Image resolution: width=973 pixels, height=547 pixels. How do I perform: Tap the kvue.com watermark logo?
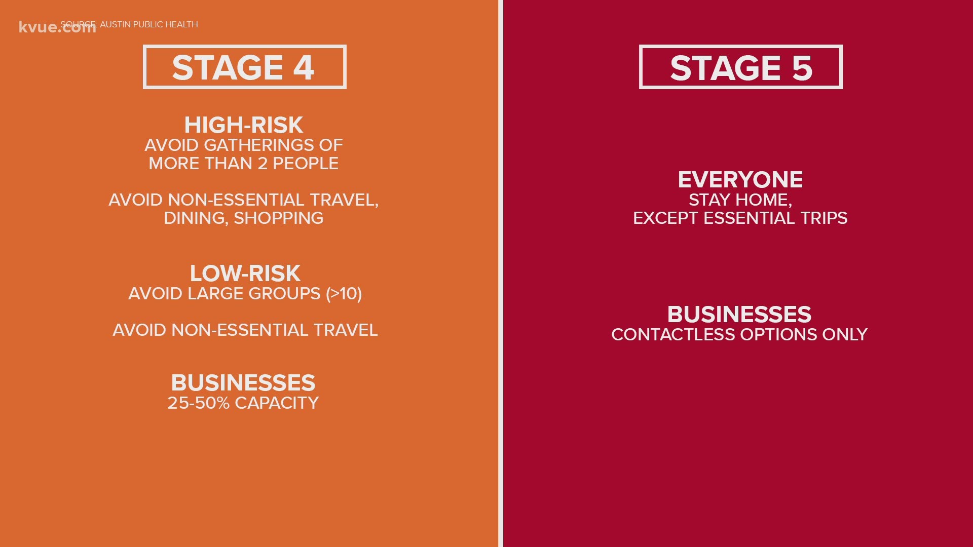[x=57, y=27]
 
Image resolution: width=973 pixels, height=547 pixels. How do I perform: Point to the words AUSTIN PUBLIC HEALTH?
[x=149, y=24]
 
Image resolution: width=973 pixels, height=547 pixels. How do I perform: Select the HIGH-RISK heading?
[x=244, y=125]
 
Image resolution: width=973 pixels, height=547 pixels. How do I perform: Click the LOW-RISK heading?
[x=245, y=273]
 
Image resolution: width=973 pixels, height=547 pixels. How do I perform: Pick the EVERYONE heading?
[x=740, y=180]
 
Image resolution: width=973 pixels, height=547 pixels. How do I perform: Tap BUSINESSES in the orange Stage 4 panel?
[x=243, y=383]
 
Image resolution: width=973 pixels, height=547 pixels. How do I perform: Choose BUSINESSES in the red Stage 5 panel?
[x=739, y=315]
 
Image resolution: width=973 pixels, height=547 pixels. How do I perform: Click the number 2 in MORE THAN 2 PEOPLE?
[x=263, y=164]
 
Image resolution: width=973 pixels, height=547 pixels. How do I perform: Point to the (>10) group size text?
[x=344, y=294]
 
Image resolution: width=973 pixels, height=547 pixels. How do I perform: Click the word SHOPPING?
[x=278, y=218]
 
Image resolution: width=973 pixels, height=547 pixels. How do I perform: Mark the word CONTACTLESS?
[x=673, y=335]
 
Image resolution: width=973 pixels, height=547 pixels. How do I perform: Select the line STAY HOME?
[x=740, y=200]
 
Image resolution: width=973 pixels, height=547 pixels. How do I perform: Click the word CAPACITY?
[x=277, y=403]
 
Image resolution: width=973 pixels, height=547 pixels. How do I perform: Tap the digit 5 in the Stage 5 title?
[x=802, y=68]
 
